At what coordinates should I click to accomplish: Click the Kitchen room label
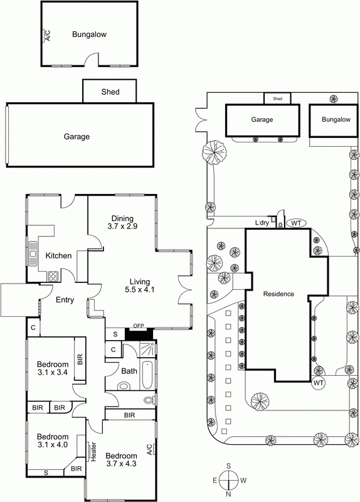coord(58,256)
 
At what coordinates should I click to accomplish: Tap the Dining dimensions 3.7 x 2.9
coord(122,226)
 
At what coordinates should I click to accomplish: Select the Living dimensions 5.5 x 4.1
coord(140,290)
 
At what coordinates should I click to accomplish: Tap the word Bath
coord(129,371)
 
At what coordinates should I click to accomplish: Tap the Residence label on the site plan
coord(278,294)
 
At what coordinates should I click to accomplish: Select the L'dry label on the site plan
coord(262,223)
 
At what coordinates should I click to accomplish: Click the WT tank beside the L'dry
coord(295,223)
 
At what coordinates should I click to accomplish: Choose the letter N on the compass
coord(230,494)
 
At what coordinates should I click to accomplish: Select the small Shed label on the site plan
coord(277,99)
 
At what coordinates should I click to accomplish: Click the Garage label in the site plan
coord(262,119)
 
